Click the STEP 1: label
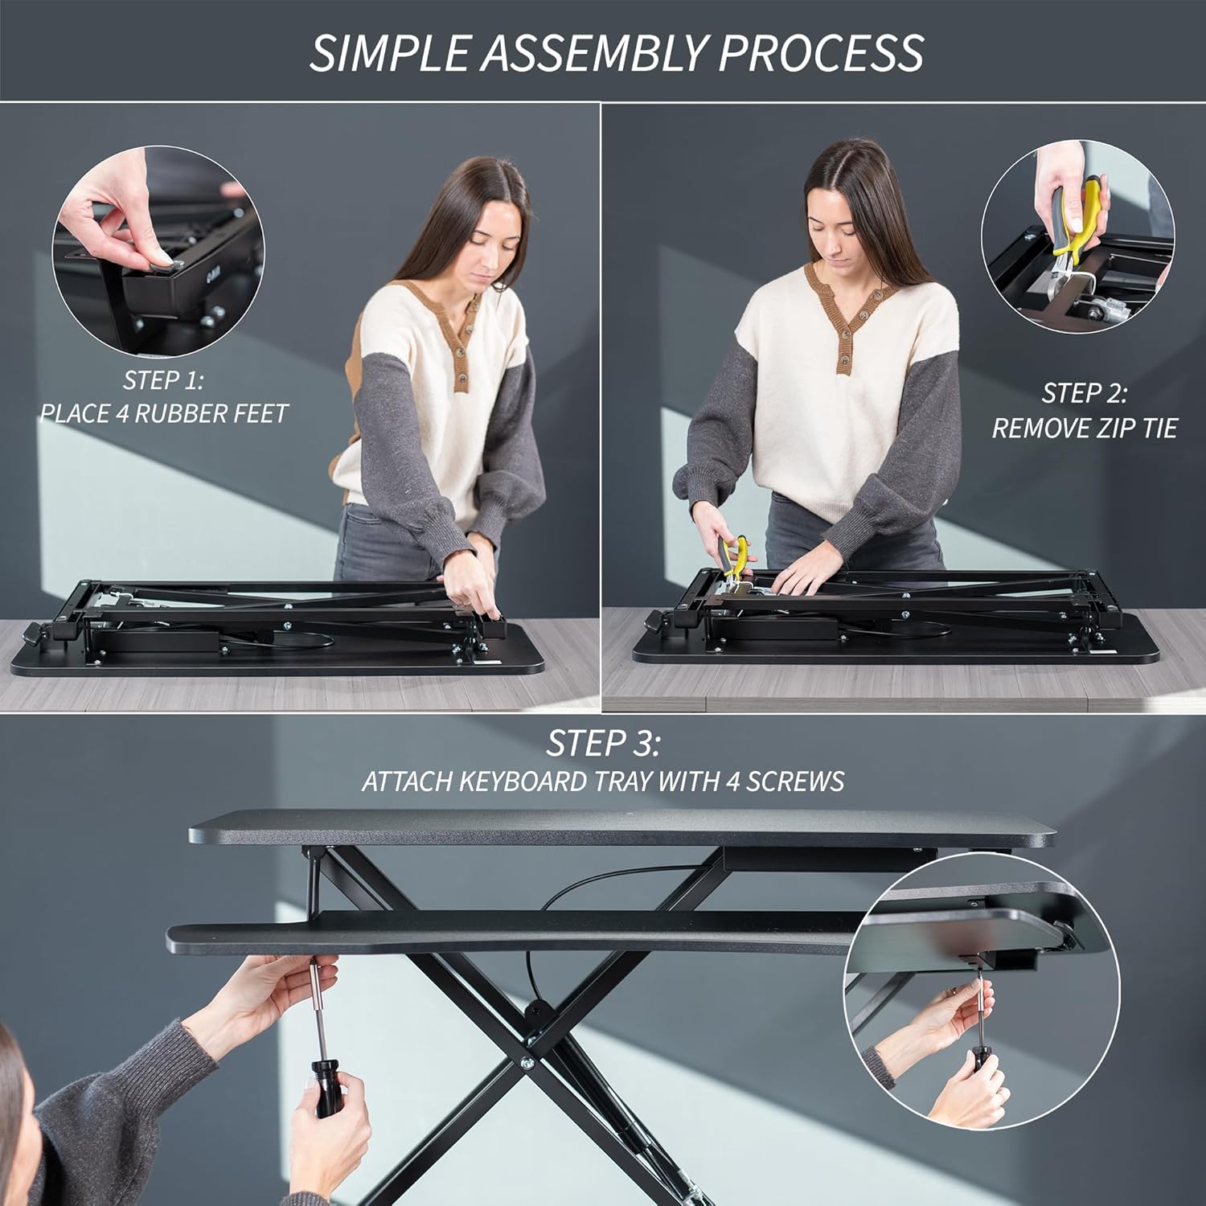coord(163,379)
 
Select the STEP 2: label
coord(1084,393)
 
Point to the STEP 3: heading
coord(603,744)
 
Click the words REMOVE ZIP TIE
coord(1084,429)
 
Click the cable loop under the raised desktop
coord(563,892)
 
